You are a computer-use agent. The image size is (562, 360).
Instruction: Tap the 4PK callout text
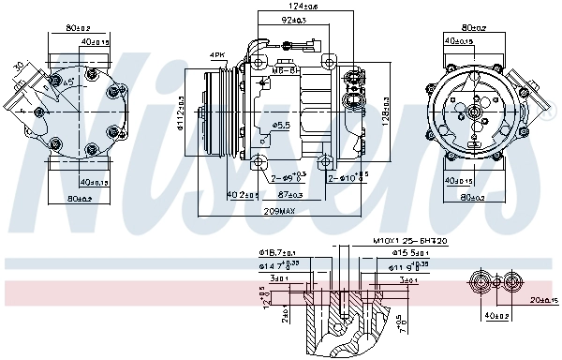217,55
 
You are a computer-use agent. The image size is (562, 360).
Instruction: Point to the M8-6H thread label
284,69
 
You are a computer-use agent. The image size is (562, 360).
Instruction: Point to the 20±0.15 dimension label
541,301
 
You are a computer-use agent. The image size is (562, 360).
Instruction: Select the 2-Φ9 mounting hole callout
285,177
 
